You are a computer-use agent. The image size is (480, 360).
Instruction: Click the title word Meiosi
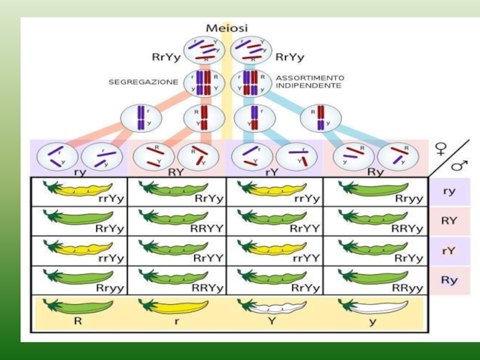[x=227, y=28]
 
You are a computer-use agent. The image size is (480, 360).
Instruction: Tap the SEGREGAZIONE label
[x=143, y=82]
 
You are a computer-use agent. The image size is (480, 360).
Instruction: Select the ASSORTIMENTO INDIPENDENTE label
[x=310, y=82]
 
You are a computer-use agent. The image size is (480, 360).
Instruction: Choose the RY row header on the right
[x=449, y=220]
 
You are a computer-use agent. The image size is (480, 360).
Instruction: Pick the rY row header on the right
[x=449, y=251]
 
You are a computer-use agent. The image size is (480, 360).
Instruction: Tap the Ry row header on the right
[x=449, y=280]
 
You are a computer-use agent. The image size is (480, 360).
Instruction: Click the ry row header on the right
[x=448, y=191]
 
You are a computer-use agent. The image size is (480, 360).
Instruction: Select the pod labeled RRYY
[x=176, y=218]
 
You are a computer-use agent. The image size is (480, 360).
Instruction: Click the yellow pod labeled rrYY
[x=266, y=247]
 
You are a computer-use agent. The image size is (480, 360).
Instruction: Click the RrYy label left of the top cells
[x=166, y=58]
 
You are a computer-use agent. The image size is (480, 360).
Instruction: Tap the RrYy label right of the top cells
[x=290, y=58]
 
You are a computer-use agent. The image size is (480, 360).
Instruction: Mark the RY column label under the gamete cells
[x=176, y=171]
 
